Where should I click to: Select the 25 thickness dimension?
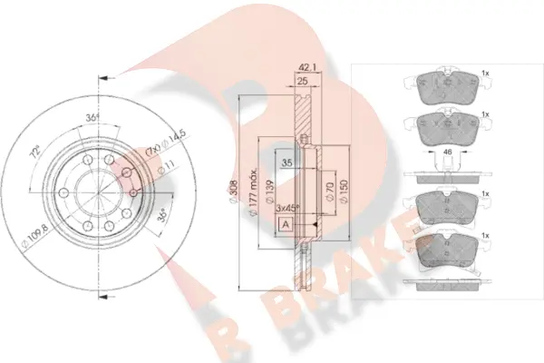coord(303,83)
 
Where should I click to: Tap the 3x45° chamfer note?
coord(287,208)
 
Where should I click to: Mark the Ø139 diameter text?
coord(271,192)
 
